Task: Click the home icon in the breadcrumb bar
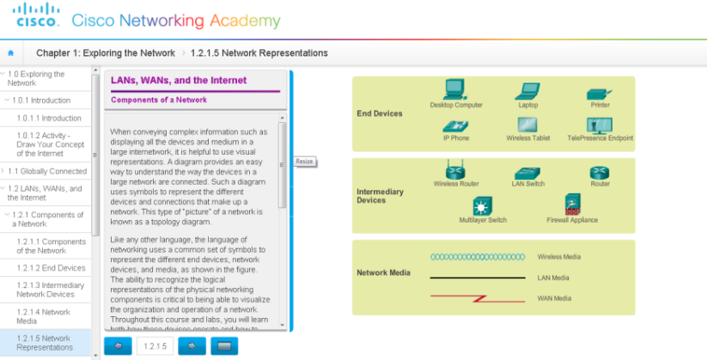11,53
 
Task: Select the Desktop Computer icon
455,89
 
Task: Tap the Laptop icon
527,90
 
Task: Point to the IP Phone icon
455,125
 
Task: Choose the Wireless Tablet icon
527,125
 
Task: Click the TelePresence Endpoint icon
600,125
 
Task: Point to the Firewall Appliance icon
572,204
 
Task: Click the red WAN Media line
478,298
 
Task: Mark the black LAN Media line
478,278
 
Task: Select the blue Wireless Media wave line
478,256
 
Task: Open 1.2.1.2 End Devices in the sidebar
51,268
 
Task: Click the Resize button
305,162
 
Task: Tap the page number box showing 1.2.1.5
155,345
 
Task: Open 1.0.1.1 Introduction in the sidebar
49,119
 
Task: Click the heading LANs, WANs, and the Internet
179,81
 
